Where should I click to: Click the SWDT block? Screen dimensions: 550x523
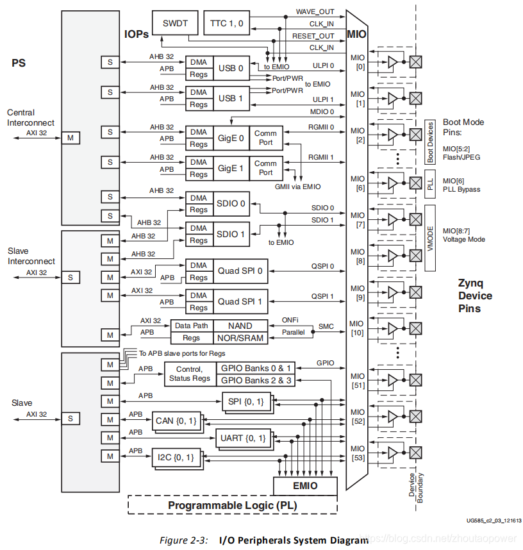tap(175, 23)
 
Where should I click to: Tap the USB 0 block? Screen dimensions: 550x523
tap(231, 68)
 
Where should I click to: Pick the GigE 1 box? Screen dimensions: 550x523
tap(231, 168)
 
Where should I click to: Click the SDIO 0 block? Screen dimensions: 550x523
tap(231, 203)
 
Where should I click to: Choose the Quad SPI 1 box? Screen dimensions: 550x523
tap(240, 301)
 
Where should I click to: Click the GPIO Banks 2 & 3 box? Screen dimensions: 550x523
tap(256, 380)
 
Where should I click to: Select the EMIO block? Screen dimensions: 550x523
tap(304, 485)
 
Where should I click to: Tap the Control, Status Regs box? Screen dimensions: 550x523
tap(190, 374)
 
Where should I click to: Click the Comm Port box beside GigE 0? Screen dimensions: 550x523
tap(265, 137)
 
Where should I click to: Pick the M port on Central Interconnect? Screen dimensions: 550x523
tap(71, 138)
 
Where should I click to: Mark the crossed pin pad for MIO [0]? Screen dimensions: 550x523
tap(415, 62)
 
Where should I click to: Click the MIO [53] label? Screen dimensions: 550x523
tap(357, 453)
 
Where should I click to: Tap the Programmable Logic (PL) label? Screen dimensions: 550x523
tap(233, 505)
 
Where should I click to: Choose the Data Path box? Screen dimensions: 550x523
tap(191, 326)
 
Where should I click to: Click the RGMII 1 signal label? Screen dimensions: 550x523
tap(321, 157)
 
